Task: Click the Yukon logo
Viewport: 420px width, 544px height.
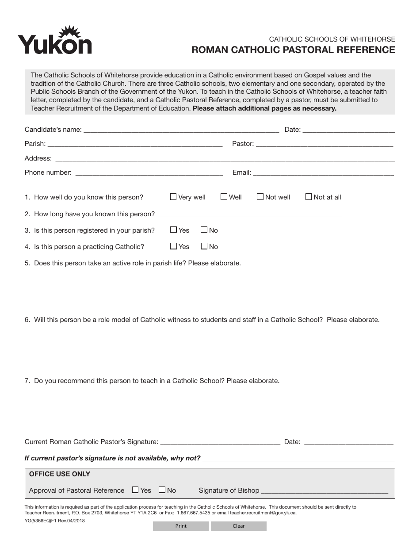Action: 55,41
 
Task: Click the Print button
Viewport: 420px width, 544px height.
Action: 181,526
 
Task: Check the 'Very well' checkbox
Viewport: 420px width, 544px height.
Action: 173,197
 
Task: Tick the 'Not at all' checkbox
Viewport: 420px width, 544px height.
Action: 309,197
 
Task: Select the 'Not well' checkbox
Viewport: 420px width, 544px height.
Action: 260,197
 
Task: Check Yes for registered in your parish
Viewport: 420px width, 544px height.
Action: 173,230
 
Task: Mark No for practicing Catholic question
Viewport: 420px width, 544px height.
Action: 204,246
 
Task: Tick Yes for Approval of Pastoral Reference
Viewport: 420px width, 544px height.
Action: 135,490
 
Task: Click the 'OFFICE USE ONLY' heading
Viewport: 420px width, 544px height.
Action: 60,474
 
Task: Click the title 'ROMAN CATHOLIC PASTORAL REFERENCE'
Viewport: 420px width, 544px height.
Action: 293,50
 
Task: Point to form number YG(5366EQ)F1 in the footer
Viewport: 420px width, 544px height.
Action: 55,521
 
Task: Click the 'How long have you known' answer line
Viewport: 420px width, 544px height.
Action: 249,214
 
